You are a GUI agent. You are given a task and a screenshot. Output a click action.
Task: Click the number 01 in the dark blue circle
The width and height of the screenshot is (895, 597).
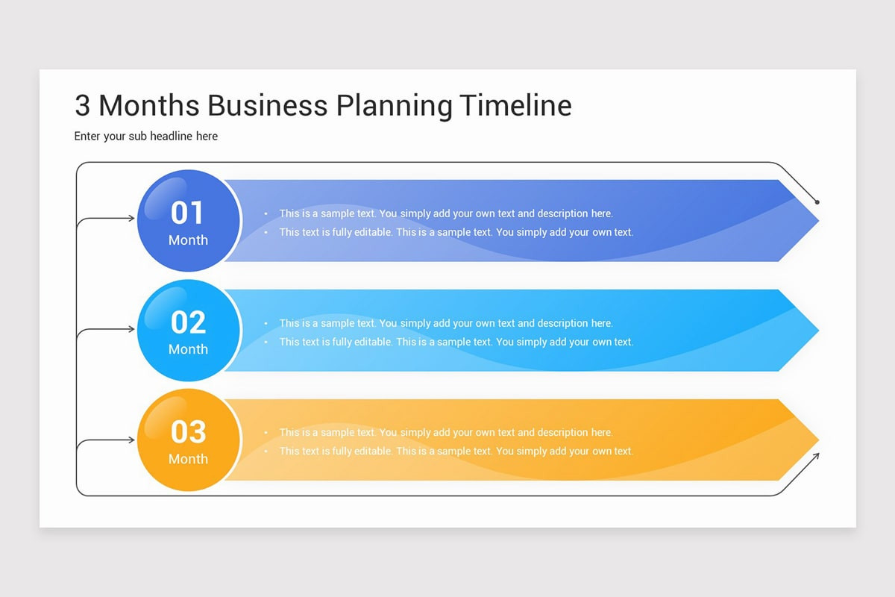(187, 213)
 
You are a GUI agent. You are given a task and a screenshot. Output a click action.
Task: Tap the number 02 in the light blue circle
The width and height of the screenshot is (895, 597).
(188, 322)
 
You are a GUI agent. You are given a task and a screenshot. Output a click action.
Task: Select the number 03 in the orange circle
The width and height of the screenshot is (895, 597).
(188, 431)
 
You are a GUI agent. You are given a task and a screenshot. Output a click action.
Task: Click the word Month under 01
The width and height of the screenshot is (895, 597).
(188, 240)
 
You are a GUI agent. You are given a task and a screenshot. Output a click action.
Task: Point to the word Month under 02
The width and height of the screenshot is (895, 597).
(188, 349)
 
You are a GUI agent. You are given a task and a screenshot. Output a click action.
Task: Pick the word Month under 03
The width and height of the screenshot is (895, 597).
(188, 459)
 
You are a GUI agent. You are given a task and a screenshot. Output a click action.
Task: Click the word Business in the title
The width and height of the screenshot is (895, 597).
(267, 105)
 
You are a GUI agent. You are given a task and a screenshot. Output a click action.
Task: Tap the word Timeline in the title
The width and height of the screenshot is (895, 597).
(515, 105)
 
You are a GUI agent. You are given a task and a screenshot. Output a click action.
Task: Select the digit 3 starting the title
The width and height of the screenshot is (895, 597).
(82, 106)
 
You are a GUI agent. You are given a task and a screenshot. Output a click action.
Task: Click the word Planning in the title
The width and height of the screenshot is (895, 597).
(394, 106)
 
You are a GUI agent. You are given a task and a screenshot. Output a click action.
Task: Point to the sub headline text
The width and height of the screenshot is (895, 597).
(146, 136)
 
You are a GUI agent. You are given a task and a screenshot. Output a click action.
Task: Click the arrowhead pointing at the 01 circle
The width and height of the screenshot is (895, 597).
(131, 219)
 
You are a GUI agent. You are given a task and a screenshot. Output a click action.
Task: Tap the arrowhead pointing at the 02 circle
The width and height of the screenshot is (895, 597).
(131, 328)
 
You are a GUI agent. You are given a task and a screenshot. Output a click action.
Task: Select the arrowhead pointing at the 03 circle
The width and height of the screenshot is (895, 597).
(131, 440)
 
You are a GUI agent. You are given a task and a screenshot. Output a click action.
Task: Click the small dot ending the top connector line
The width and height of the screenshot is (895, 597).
(817, 201)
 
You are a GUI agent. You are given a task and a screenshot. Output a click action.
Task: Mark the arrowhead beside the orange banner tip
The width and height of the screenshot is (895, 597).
(816, 455)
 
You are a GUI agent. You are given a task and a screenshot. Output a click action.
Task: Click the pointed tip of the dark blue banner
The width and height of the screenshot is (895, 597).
(817, 221)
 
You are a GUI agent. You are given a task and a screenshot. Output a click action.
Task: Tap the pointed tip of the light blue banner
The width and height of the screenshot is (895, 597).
(817, 331)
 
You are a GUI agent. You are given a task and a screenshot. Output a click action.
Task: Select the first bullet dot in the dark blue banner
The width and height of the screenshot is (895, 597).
(266, 214)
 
